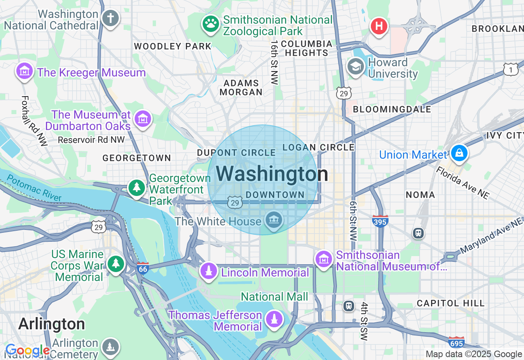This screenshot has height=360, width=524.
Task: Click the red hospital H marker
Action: click(x=379, y=27)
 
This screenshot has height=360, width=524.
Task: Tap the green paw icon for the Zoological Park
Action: click(x=211, y=24)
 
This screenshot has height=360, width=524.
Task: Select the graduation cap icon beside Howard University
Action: click(x=355, y=67)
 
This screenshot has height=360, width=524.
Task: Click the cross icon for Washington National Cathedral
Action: click(x=110, y=18)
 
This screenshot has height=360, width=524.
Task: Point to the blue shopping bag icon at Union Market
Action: click(x=459, y=153)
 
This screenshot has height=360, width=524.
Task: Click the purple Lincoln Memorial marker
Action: click(x=209, y=271)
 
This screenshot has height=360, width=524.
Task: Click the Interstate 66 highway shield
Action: click(x=142, y=268)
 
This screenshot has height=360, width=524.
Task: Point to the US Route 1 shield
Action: click(x=510, y=69)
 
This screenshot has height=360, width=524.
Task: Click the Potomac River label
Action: click(x=34, y=188)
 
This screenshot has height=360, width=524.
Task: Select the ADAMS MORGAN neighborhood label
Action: click(x=241, y=88)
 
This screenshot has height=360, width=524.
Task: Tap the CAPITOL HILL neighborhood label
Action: click(x=451, y=303)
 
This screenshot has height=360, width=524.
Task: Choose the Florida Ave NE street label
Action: click(x=463, y=183)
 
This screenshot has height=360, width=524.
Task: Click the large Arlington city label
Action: click(x=52, y=324)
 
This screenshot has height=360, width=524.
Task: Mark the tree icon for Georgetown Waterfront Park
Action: click(x=136, y=188)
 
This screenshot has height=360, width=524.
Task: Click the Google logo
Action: click(x=27, y=351)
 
